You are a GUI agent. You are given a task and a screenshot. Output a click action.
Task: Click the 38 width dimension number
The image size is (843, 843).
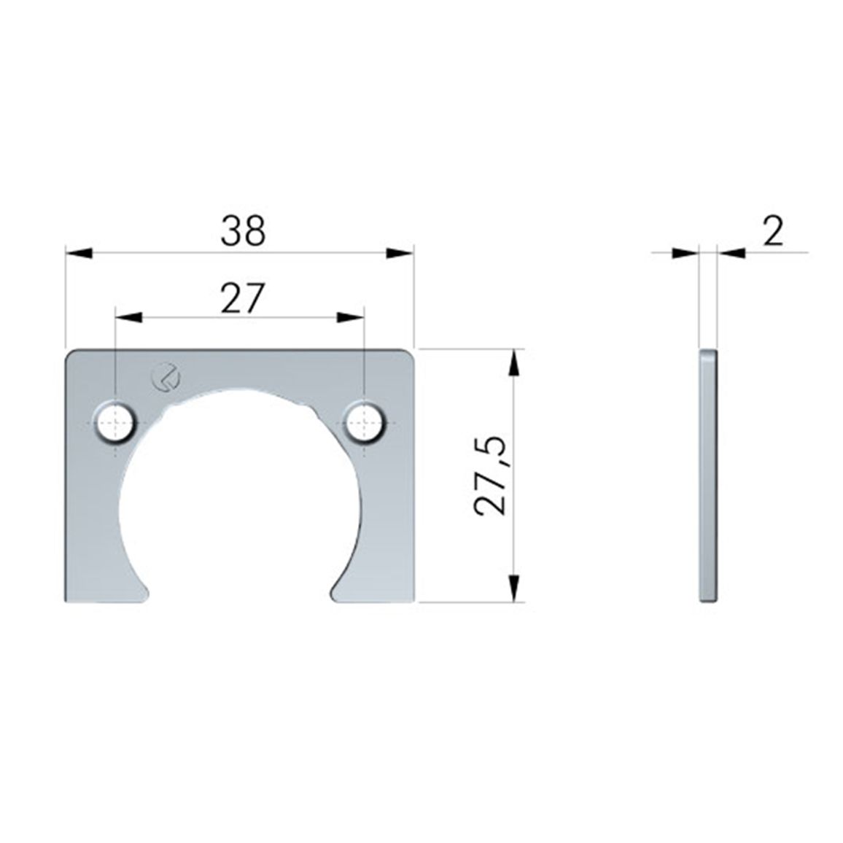[x=243, y=231]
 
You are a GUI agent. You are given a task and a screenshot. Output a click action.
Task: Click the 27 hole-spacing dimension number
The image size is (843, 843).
[x=243, y=298]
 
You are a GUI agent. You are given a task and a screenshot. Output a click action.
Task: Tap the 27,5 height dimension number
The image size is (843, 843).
[x=490, y=475]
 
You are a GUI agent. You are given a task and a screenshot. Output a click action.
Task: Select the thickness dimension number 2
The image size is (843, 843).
[x=773, y=232]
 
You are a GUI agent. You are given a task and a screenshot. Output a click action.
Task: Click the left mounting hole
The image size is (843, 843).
[x=115, y=422]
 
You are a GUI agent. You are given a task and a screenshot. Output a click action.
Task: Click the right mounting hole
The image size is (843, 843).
[x=365, y=422]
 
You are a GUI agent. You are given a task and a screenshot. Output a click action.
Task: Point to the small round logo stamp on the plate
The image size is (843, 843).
[x=166, y=376]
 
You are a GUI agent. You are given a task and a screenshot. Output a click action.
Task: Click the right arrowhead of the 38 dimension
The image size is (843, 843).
[x=400, y=253]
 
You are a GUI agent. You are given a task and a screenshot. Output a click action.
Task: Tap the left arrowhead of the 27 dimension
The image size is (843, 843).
[x=129, y=318]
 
